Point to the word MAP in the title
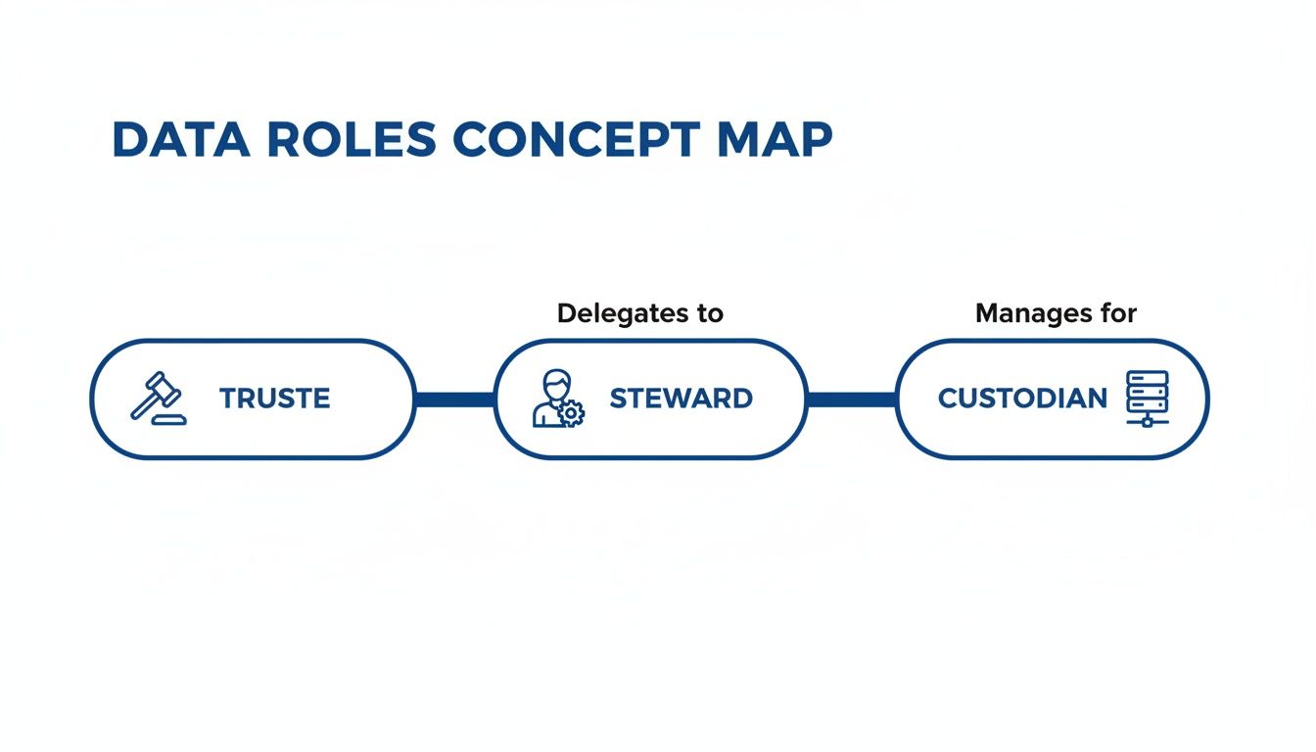pyautogui.click(x=775, y=140)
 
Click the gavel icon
pyautogui.click(x=157, y=397)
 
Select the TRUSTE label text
pyautogui.click(x=274, y=399)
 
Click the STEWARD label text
pyautogui.click(x=681, y=399)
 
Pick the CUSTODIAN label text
pyautogui.click(x=1022, y=399)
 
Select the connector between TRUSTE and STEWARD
pyautogui.click(x=455, y=399)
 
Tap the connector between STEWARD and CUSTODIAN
pyautogui.click(x=851, y=399)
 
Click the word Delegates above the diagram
pyautogui.click(x=622, y=313)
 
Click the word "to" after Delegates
pyautogui.click(x=710, y=313)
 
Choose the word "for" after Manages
pyautogui.click(x=1118, y=313)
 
